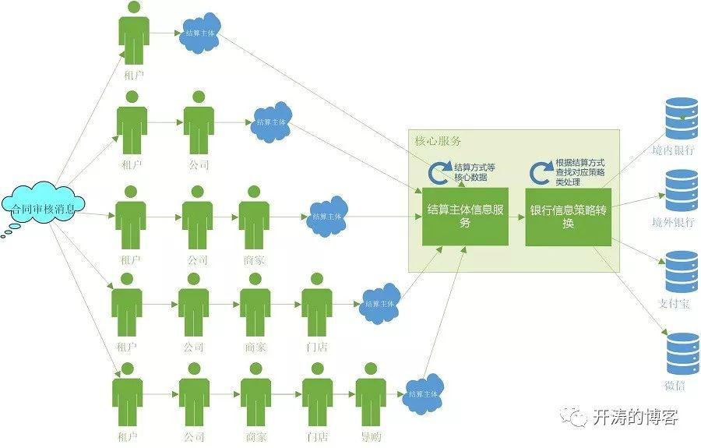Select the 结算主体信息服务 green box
465,216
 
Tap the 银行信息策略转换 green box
568,216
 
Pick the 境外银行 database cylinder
682,191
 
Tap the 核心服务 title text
438,141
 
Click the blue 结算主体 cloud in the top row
199,34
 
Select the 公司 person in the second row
199,125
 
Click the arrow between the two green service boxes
516,217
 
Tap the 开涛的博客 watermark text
635,418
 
